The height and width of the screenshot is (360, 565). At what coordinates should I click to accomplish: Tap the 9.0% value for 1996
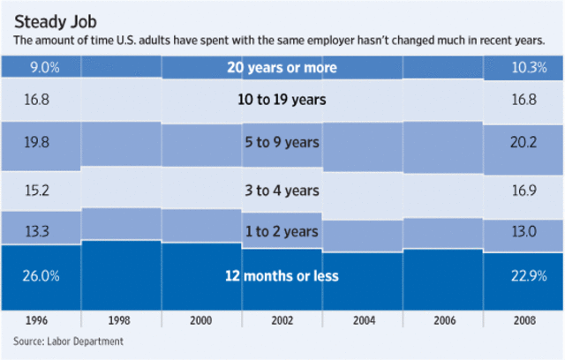(41, 66)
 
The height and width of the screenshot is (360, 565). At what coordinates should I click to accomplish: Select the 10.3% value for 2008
(523, 66)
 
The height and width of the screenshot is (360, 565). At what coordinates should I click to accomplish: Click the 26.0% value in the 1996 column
(41, 276)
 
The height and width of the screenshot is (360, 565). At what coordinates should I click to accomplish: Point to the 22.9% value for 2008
(523, 276)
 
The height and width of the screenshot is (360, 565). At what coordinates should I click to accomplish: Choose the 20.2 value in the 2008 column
(523, 142)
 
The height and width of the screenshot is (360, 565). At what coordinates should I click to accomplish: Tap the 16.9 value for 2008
(523, 190)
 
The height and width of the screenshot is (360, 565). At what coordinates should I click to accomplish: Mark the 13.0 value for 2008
(523, 230)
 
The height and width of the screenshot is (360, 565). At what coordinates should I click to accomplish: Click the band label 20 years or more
(282, 66)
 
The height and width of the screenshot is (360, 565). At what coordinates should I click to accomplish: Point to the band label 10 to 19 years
(282, 100)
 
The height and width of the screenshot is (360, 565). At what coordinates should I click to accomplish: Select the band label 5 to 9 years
(282, 142)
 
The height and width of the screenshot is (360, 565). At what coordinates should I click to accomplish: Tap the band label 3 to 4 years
(282, 190)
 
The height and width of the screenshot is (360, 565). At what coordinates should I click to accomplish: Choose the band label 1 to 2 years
(282, 230)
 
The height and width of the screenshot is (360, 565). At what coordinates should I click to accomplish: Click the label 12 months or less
(282, 276)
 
